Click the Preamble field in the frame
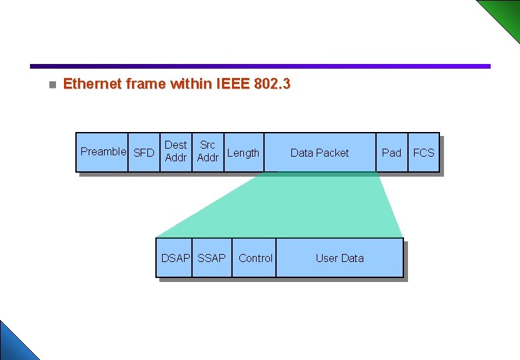pyautogui.click(x=102, y=152)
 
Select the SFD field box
pyautogui.click(x=144, y=153)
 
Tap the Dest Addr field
pyautogui.click(x=175, y=151)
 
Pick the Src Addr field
pyautogui.click(x=208, y=151)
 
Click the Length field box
pyautogui.click(x=243, y=153)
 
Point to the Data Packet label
pyautogui.click(x=319, y=153)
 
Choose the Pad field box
pyautogui.click(x=391, y=153)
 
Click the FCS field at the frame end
pyautogui.click(x=423, y=153)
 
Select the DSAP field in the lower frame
pyautogui.click(x=175, y=258)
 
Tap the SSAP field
pyautogui.click(x=212, y=258)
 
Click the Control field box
pyautogui.click(x=255, y=258)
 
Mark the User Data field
pyautogui.click(x=339, y=258)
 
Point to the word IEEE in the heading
pyautogui.click(x=233, y=84)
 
